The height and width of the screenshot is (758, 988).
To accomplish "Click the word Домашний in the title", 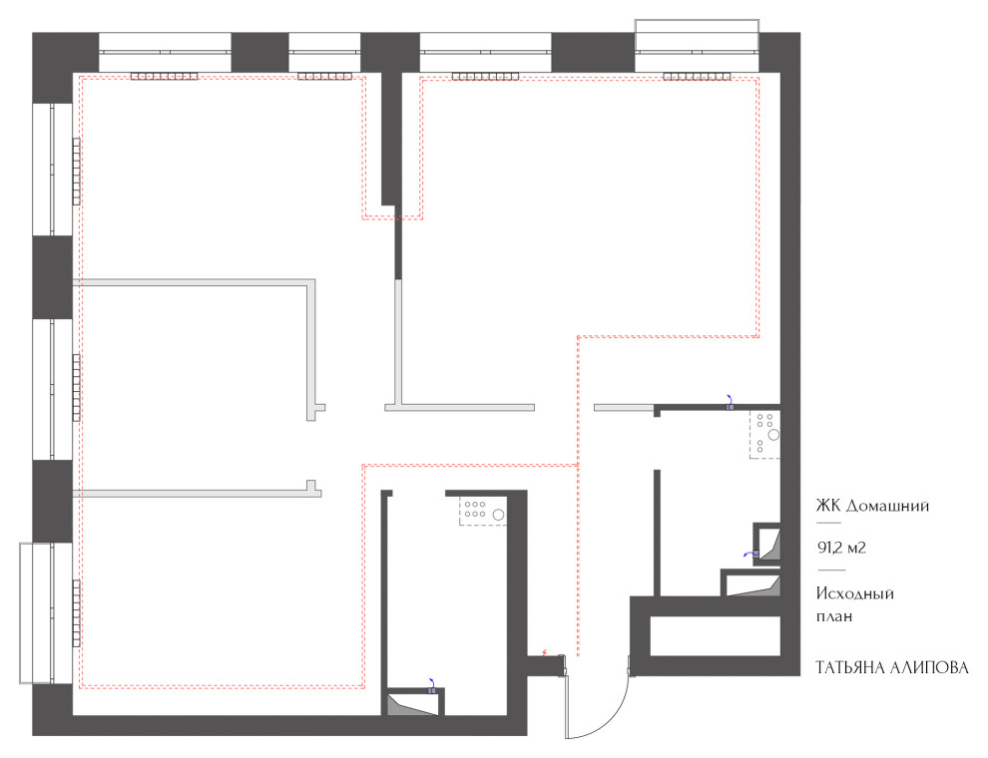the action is coord(887,507).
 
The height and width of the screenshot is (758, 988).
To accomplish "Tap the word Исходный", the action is coord(855,593).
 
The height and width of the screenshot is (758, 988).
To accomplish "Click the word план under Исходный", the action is coord(834,616).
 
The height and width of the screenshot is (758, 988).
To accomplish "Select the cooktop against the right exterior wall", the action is coord(764,435).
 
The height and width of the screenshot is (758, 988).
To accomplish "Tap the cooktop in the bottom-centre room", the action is coord(483,511).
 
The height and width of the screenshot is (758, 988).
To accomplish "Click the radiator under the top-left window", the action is coord(165,77).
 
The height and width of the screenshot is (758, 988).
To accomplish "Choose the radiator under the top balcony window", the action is coord(697,77).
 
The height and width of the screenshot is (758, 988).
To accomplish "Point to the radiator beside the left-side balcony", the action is coord(76,613).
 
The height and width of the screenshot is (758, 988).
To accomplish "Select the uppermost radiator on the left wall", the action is coord(76,172).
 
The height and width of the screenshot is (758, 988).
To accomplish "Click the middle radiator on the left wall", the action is coord(76,387).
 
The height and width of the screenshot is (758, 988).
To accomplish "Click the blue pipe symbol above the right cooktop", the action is coord(730,403).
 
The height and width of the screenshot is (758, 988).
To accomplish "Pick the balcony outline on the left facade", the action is coord(37,613).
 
